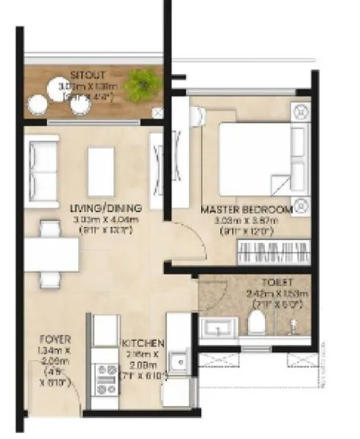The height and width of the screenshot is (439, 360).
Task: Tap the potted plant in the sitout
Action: pos(142,86)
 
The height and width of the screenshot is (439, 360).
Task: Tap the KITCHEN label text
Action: pos(143,342)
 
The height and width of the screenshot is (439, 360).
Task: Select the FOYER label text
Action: pos(55,339)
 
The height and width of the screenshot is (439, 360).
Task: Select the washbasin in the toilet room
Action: pos(218,326)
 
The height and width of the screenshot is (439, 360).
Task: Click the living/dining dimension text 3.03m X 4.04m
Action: pos(111,219)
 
